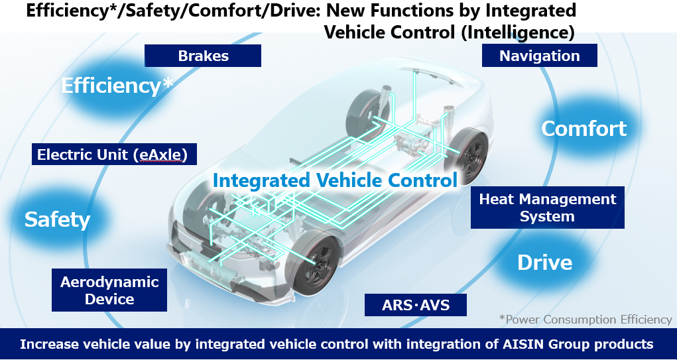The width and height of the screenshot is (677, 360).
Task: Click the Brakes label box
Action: (x=202, y=56)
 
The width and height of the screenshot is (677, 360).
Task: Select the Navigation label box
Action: (x=539, y=56)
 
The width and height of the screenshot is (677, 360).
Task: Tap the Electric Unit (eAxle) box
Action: (x=114, y=154)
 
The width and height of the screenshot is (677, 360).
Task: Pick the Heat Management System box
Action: (x=548, y=208)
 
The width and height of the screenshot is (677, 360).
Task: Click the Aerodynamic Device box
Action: (x=109, y=290)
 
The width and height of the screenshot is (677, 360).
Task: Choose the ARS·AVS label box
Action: (x=415, y=305)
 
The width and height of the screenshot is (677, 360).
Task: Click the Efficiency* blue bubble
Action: (x=117, y=86)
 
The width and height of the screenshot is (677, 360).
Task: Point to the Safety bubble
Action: (x=58, y=219)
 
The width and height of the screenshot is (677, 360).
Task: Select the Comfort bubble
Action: (x=584, y=128)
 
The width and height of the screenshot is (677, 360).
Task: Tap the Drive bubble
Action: (x=545, y=262)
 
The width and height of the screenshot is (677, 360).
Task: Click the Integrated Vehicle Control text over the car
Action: (x=335, y=180)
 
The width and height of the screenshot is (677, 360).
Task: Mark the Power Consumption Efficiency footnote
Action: (x=585, y=320)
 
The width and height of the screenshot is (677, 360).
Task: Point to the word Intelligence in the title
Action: (x=517, y=32)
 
